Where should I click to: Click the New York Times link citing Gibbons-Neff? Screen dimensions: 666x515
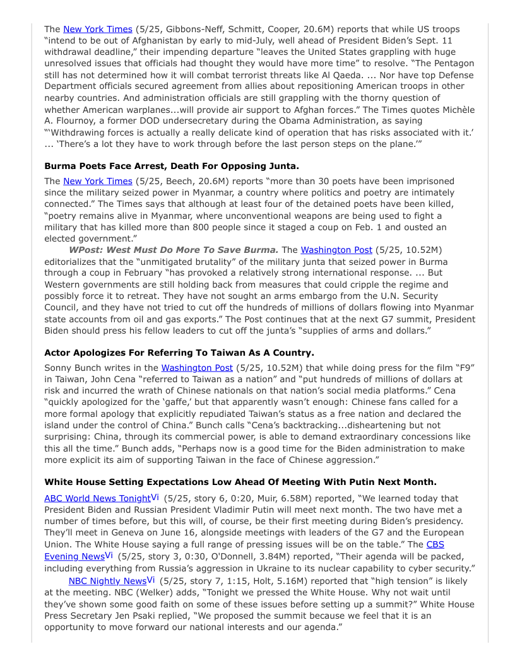point(97,29)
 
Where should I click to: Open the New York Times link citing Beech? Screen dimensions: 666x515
point(97,181)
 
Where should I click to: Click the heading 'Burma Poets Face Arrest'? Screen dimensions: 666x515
point(172,166)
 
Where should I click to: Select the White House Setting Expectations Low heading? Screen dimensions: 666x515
point(240,482)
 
